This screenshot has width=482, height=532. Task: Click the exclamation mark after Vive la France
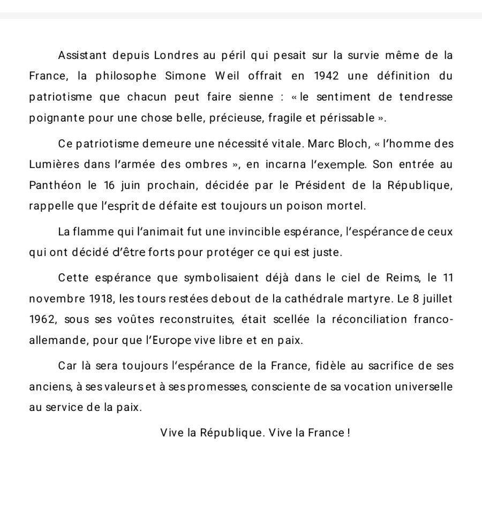[x=349, y=433]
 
